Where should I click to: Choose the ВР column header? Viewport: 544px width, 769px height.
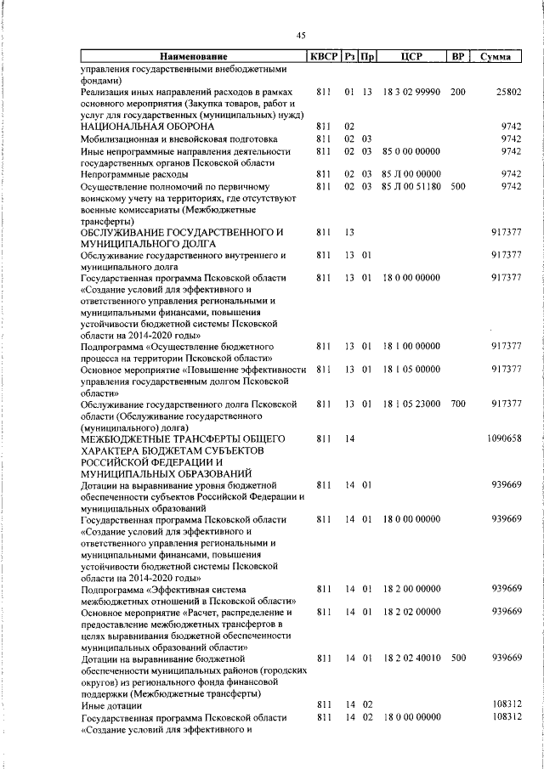click(x=457, y=58)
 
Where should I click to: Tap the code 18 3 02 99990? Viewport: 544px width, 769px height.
click(x=411, y=91)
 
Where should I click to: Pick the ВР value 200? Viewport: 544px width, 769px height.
click(x=457, y=91)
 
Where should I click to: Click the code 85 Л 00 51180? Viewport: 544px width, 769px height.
click(x=411, y=186)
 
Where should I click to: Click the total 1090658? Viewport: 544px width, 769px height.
click(x=504, y=438)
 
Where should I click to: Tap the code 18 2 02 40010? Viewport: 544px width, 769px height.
click(x=411, y=657)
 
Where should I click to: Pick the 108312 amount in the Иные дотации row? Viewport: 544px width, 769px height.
click(x=506, y=704)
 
